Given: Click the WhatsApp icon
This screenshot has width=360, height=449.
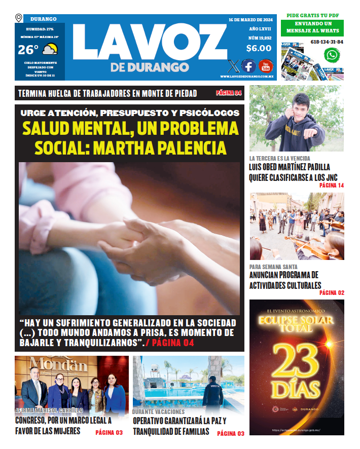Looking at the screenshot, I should coord(332,55).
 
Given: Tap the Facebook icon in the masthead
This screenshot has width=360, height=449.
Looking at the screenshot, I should coord(248,66).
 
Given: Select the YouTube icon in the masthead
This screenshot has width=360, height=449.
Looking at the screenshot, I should coord(266,66).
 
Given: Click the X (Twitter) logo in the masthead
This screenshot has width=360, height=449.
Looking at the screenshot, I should coord(233,66).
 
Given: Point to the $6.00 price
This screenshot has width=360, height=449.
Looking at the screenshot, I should coord(259,49).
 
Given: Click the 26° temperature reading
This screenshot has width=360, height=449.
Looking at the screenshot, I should coord(28,50).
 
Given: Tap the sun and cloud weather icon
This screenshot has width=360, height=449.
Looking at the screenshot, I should coord(50,50).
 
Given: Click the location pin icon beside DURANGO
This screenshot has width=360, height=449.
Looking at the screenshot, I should coord(19,18).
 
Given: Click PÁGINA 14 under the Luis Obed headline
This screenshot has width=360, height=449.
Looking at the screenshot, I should coord(332,186).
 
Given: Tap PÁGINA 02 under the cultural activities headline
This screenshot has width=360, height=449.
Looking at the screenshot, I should coord(332,293).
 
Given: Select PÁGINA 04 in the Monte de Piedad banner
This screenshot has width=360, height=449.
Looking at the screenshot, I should coord(229,93).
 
